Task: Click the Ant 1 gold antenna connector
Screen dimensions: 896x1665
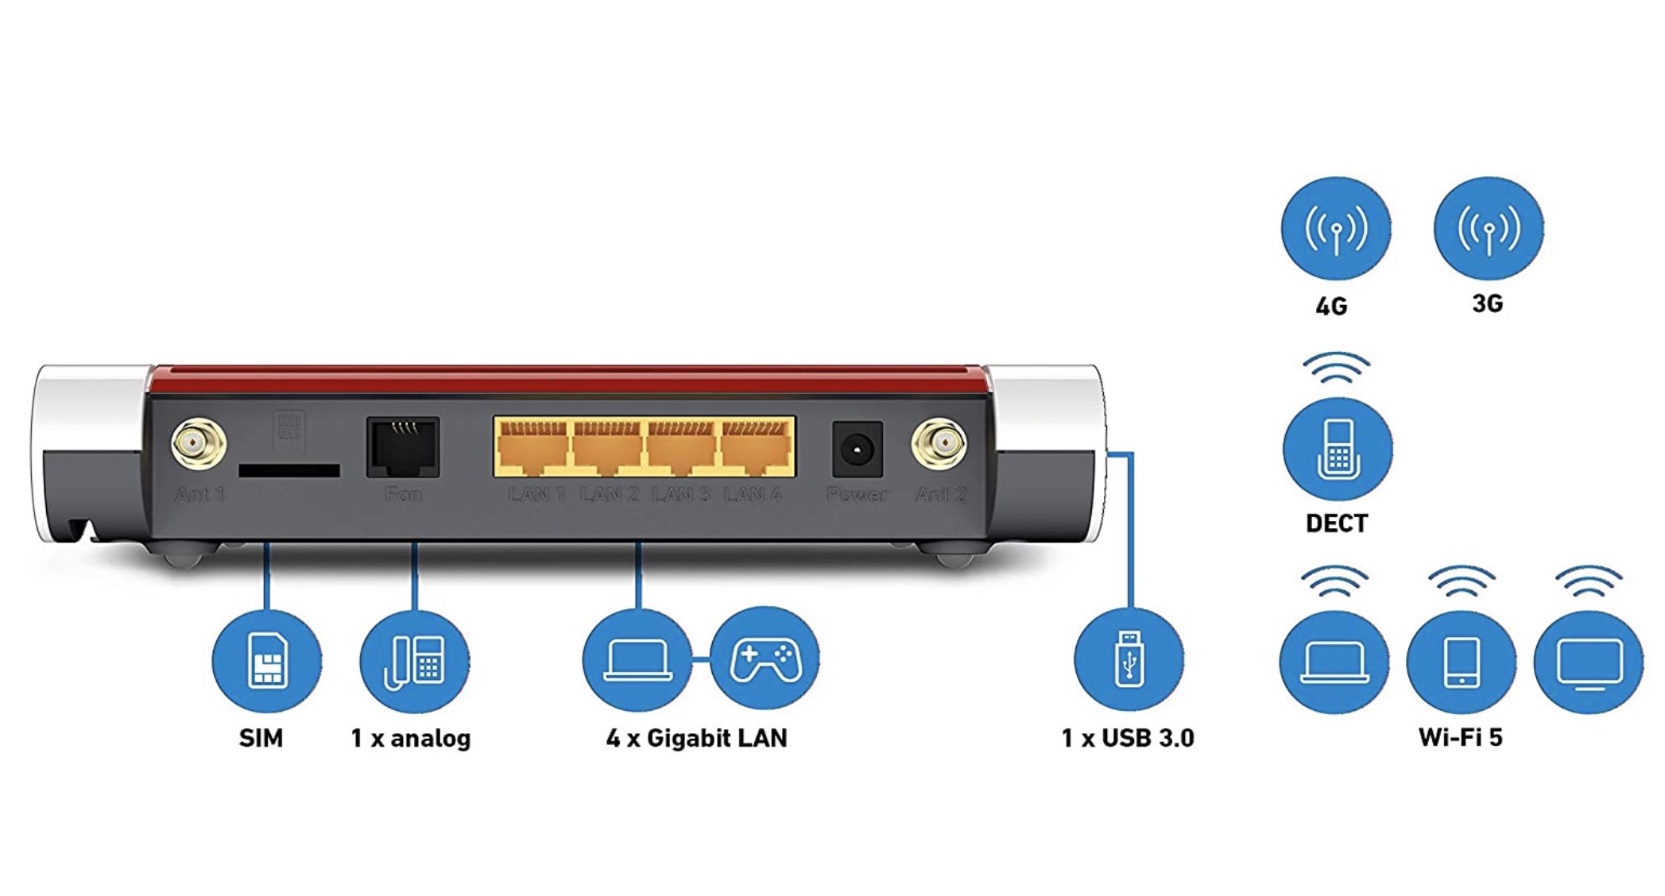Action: pos(198,443)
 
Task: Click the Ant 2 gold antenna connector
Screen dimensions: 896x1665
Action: pos(939,443)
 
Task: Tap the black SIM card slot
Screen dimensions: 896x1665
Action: pos(289,470)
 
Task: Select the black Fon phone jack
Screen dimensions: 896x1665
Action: pos(403,447)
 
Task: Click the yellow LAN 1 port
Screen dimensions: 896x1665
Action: pos(532,446)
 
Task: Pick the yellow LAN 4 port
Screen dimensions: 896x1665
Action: pos(756,446)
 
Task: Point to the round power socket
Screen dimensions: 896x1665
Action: pos(857,450)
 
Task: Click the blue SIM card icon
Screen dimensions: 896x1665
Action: pos(267,660)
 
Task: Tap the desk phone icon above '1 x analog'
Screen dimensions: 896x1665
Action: pos(415,660)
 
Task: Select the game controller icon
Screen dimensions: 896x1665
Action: pos(765,658)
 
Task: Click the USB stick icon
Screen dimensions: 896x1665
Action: pos(1129,658)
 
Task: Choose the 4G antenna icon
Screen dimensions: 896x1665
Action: pos(1336,228)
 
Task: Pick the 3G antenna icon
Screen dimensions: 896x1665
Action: pos(1489,228)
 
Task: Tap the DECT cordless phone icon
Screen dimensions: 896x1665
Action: pos(1338,449)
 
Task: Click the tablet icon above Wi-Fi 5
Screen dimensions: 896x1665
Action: pos(1462,661)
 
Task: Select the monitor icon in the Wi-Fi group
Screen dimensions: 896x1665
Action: pos(1589,661)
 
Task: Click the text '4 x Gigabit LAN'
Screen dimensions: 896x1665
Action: pos(696,738)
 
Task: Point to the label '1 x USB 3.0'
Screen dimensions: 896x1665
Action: pos(1128,738)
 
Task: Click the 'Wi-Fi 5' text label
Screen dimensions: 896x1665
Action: pos(1461,737)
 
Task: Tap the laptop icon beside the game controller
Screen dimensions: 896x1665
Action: pos(637,658)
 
